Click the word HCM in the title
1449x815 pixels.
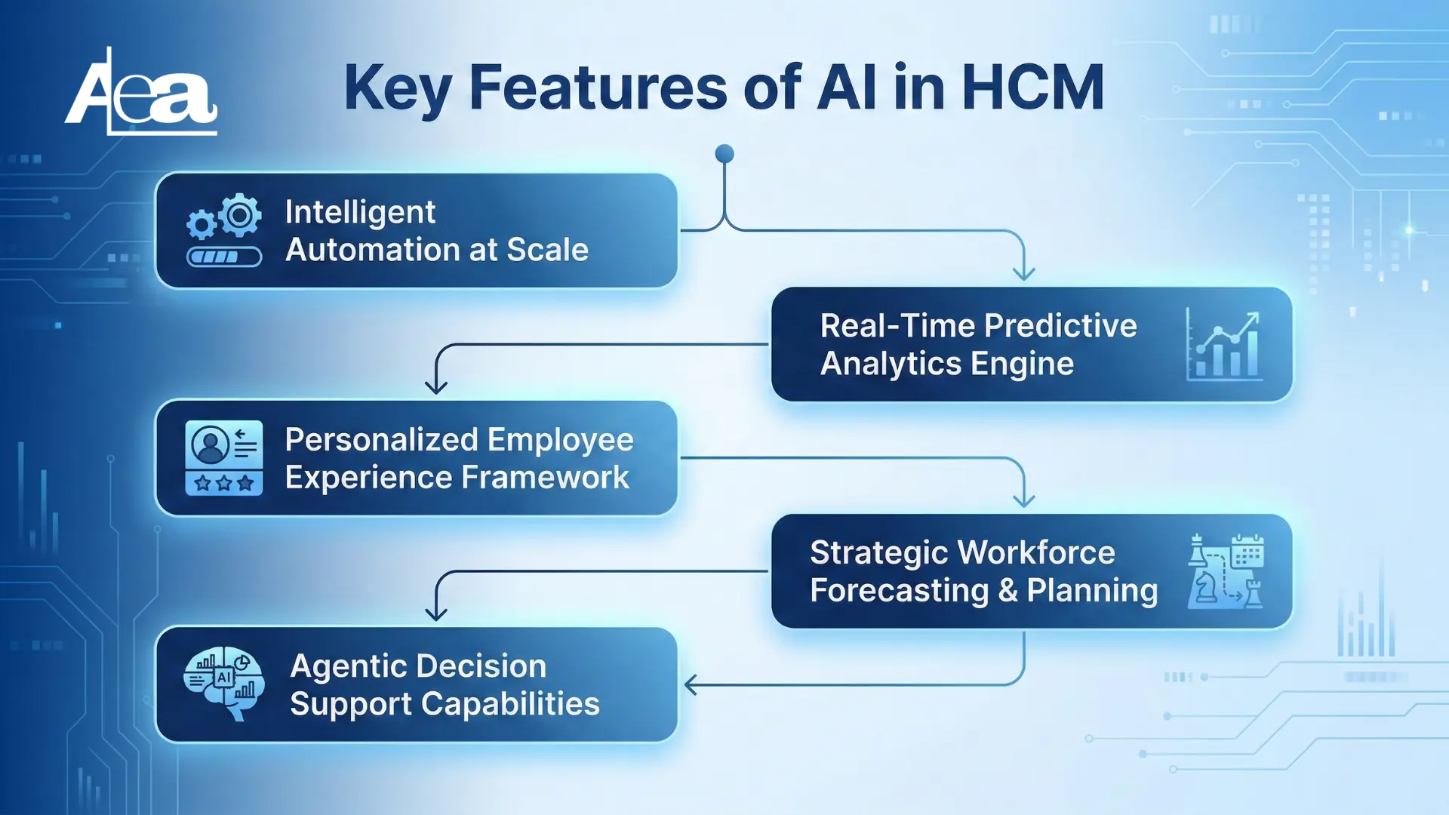click(1033, 88)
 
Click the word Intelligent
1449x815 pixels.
click(360, 213)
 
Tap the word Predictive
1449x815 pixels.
click(1061, 326)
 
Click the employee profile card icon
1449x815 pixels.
click(224, 458)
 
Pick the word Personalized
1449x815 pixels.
click(382, 440)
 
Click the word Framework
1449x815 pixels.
click(545, 478)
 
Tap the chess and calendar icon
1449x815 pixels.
click(1226, 571)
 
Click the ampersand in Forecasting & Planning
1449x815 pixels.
click(1008, 591)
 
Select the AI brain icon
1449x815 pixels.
click(224, 684)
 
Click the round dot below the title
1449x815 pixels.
click(724, 154)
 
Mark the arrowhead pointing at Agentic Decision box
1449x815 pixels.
click(690, 685)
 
